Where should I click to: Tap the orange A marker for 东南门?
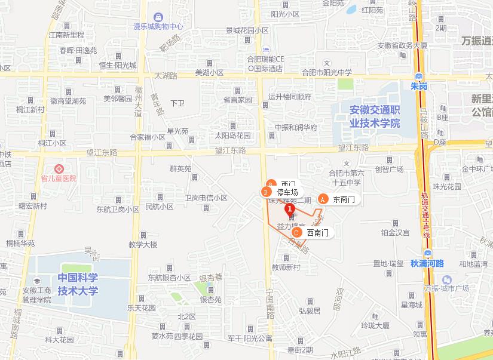[323, 199]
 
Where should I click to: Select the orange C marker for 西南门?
[297, 232]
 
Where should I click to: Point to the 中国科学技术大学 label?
[78, 285]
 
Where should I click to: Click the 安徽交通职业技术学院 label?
[375, 116]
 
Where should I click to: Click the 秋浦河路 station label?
[427, 263]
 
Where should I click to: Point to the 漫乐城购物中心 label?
[158, 27]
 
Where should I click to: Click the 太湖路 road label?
[166, 76]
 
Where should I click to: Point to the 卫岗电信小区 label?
[206, 198]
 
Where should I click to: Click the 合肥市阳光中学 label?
[326, 72]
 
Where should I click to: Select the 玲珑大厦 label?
[375, 325]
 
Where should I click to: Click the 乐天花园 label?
[141, 308]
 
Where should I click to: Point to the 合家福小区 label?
[147, 137]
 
